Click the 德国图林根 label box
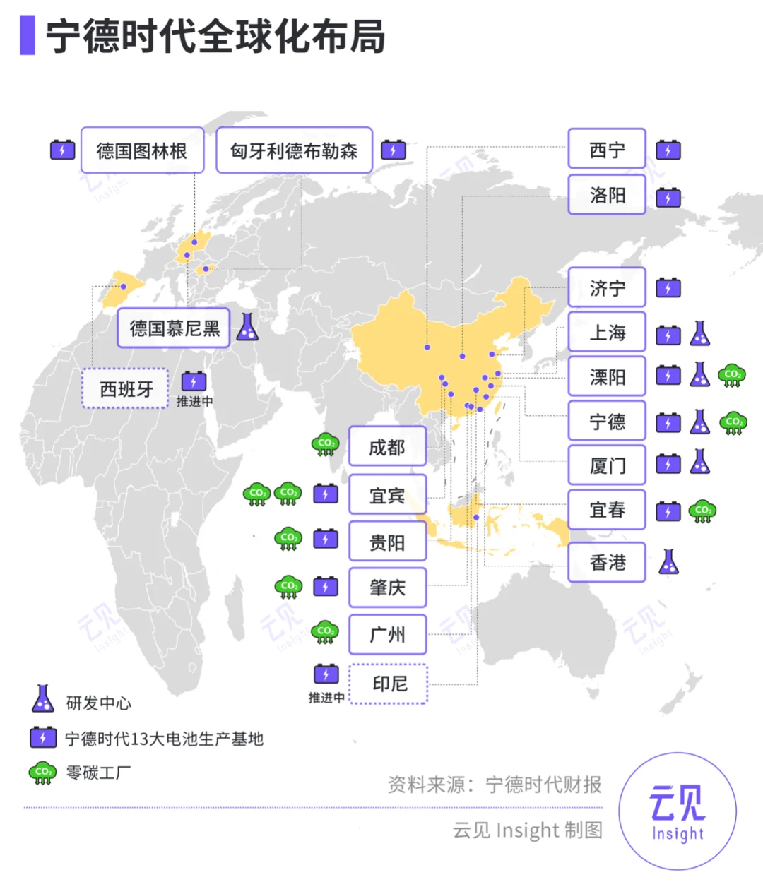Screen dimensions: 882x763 click(x=142, y=150)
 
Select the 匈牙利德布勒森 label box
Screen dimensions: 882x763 click(x=294, y=150)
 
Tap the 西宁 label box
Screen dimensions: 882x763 click(x=607, y=150)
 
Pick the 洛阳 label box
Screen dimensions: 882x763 click(x=607, y=195)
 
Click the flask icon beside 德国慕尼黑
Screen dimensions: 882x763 click(x=247, y=327)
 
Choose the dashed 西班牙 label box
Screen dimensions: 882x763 click(x=125, y=388)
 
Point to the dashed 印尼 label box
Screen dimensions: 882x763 click(x=389, y=684)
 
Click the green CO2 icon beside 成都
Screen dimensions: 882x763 click(x=326, y=445)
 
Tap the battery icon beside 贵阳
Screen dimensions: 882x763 click(x=326, y=540)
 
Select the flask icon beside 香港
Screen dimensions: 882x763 click(x=668, y=562)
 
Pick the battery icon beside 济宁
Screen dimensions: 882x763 click(x=668, y=288)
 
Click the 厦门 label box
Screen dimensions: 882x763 click(x=607, y=465)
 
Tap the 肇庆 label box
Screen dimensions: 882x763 click(x=388, y=588)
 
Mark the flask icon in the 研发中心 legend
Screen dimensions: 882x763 click(x=43, y=699)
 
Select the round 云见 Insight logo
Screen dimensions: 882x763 click(x=677, y=812)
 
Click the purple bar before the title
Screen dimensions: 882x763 click(x=28, y=35)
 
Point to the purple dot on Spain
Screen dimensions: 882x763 click(x=124, y=287)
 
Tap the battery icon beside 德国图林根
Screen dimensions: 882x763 click(x=63, y=150)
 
